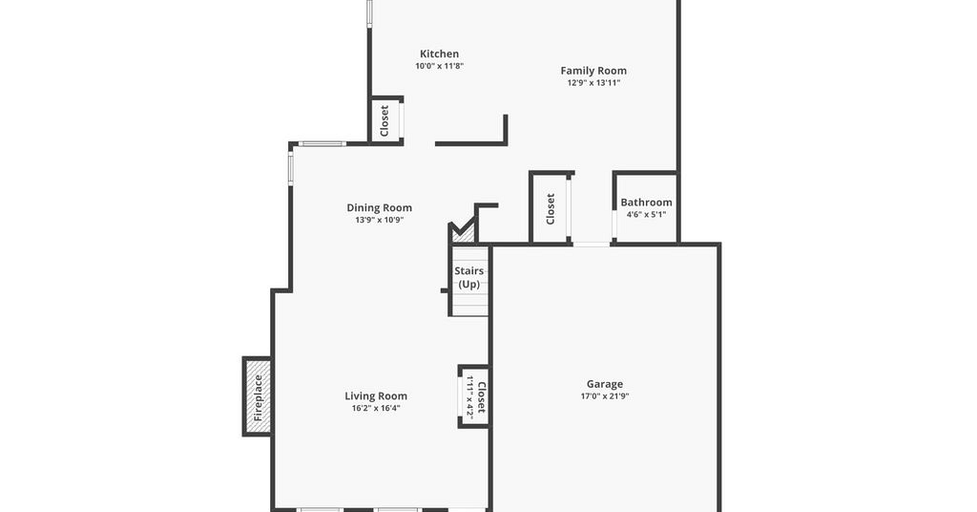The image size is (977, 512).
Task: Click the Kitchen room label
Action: point(439,53)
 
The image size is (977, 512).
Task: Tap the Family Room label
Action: point(593,71)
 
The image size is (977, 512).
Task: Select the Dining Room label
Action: point(379,207)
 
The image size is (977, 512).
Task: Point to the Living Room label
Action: point(376,396)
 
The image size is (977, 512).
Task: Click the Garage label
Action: point(604,384)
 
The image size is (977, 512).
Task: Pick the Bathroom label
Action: point(646,203)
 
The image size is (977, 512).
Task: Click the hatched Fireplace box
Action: point(258,396)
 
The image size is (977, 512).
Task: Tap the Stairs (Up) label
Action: point(469,278)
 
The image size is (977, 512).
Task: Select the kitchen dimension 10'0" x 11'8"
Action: point(439,66)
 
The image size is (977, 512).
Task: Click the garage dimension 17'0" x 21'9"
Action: point(604,396)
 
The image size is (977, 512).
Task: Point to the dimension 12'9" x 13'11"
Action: point(593,82)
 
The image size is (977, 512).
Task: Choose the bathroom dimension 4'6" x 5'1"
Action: point(646,215)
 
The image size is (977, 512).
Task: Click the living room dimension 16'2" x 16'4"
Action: point(376,409)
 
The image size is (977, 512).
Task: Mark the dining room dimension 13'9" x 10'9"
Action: point(379,220)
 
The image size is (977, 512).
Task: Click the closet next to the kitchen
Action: point(386,120)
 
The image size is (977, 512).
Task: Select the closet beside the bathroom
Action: point(551,208)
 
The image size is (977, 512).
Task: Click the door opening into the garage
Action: point(592,245)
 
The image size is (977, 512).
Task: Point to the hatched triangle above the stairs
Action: point(463,232)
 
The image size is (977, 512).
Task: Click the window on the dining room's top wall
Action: point(322,144)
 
